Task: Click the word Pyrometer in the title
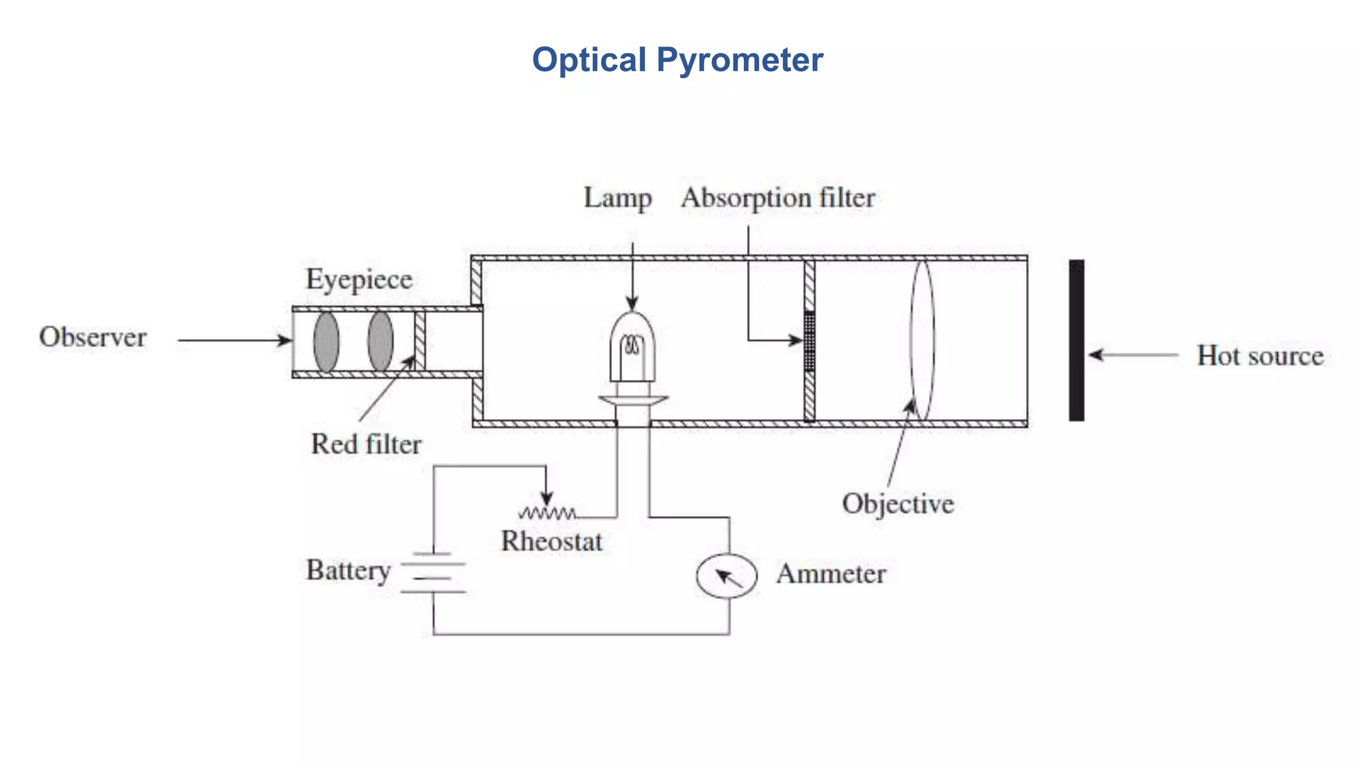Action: (739, 60)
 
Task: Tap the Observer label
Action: (93, 337)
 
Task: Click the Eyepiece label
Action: (359, 279)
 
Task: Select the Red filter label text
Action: (366, 444)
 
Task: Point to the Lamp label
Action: (617, 198)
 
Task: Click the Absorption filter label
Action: (778, 198)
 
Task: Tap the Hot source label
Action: (1259, 356)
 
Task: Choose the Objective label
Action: (898, 504)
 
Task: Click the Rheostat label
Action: (551, 541)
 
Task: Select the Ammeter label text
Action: (831, 574)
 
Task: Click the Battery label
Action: (348, 570)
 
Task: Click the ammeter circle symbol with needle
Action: (727, 576)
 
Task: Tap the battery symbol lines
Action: (433, 572)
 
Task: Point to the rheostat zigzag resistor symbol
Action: (547, 513)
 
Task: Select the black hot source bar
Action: (1076, 340)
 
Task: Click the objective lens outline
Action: (922, 340)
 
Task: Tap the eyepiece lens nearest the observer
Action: (326, 342)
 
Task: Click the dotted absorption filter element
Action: (809, 341)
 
